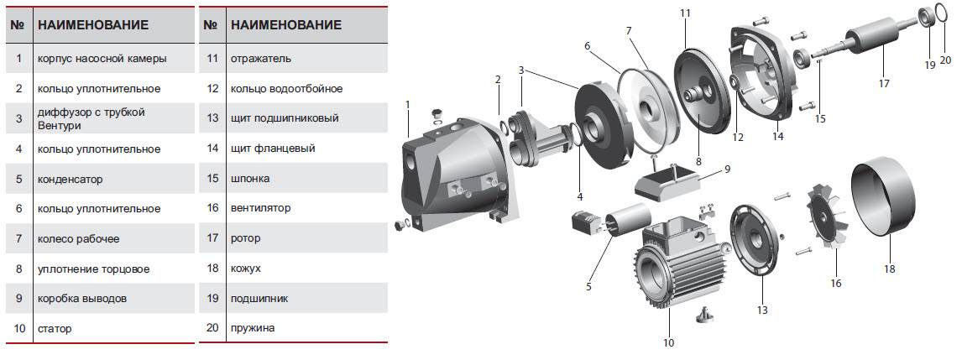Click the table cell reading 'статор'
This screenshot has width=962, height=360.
(x=55, y=328)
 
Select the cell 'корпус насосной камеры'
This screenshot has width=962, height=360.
(x=102, y=59)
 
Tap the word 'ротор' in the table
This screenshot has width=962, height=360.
(x=245, y=238)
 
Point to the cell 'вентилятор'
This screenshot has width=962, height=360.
(x=259, y=208)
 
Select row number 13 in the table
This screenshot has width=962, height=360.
(x=212, y=118)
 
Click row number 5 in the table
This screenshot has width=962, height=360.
(x=18, y=179)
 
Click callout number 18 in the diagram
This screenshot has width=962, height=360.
(x=889, y=269)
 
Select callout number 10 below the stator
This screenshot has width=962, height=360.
(x=668, y=342)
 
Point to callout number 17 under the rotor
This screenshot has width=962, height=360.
(x=883, y=83)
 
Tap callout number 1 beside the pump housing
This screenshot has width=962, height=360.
(x=407, y=103)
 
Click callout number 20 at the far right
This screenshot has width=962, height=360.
(x=945, y=60)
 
